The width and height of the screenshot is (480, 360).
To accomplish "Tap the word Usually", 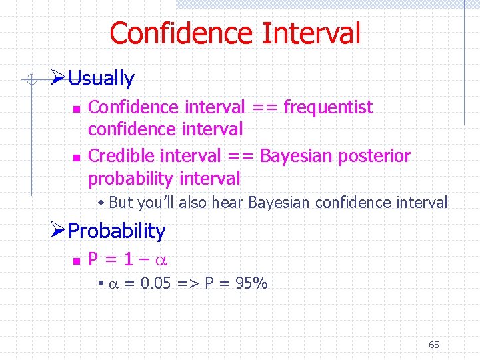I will coord(101,79).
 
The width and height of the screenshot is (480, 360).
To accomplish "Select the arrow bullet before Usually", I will coord(58,78).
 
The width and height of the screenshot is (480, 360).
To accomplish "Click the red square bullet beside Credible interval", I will coord(77,157).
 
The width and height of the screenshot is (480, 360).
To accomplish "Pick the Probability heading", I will coord(117,231).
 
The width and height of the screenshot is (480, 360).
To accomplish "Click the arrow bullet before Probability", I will coord(58,231).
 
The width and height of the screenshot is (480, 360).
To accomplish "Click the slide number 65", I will coord(434,345).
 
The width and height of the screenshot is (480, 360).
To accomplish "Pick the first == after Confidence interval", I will coord(264,107).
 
